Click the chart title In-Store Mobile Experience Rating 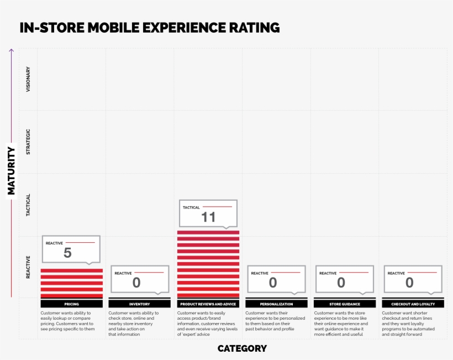click(x=150, y=28)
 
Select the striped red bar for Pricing click(x=72, y=283)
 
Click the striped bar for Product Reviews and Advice click(x=208, y=264)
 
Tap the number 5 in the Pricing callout click(x=67, y=253)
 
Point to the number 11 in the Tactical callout click(x=208, y=217)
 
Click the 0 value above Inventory click(x=136, y=283)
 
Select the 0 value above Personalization click(x=273, y=283)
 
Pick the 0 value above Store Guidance click(x=341, y=283)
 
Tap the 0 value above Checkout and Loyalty click(x=409, y=283)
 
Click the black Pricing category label click(x=72, y=304)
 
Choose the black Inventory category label click(x=140, y=304)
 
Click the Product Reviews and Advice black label click(x=208, y=304)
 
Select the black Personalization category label click(x=276, y=304)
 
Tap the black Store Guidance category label click(x=345, y=304)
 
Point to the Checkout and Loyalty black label click(x=413, y=304)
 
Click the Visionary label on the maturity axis click(x=29, y=79)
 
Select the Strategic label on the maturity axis click(x=29, y=142)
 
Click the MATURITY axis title click(x=11, y=170)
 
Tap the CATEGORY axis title click(x=242, y=348)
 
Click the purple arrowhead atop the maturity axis click(x=11, y=51)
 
